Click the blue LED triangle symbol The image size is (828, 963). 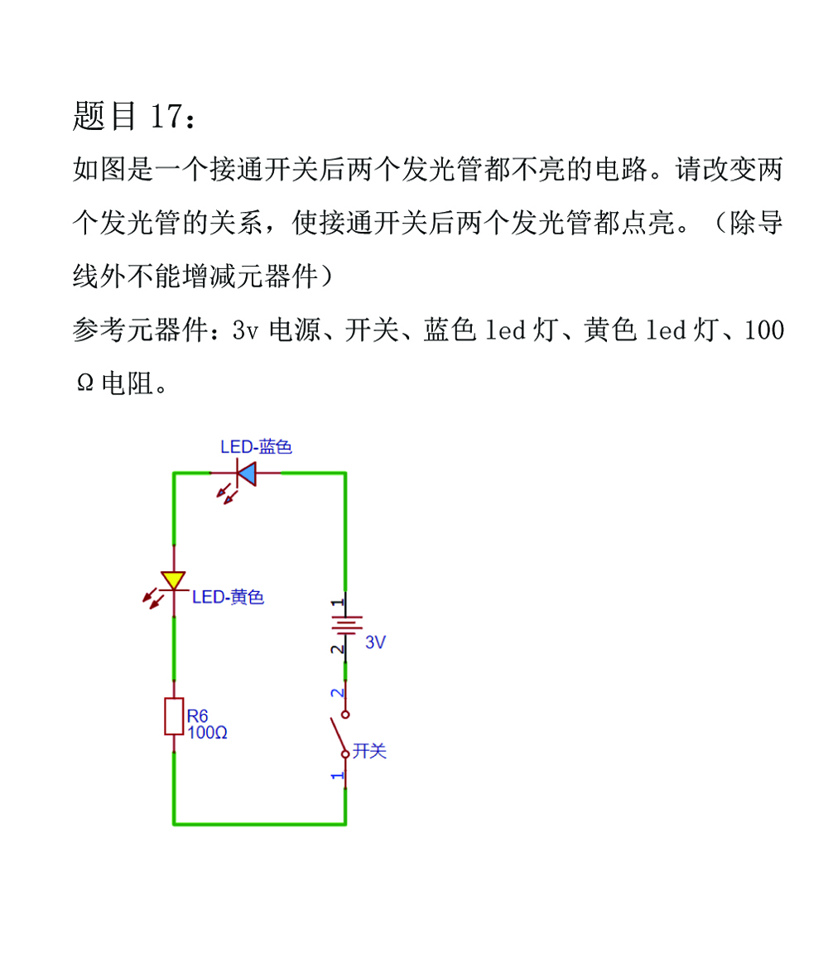pyautogui.click(x=247, y=474)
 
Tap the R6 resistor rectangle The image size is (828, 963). pyautogui.click(x=174, y=716)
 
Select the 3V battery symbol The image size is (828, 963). pyautogui.click(x=346, y=625)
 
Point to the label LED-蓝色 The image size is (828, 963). pyautogui.click(x=256, y=446)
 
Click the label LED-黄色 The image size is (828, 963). pyautogui.click(x=228, y=597)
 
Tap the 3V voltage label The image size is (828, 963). pyautogui.click(x=375, y=643)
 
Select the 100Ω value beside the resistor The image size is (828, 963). pyautogui.click(x=208, y=733)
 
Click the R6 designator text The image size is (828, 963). pyautogui.click(x=197, y=716)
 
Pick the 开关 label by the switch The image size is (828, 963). pyautogui.click(x=369, y=750)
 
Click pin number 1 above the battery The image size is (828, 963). pyautogui.click(x=337, y=603)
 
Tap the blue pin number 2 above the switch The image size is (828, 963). pyautogui.click(x=337, y=693)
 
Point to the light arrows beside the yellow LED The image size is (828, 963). pyautogui.click(x=153, y=598)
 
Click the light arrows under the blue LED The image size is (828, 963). pyautogui.click(x=227, y=494)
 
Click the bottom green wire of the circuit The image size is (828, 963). pyautogui.click(x=260, y=824)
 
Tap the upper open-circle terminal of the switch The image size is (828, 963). pyautogui.click(x=345, y=715)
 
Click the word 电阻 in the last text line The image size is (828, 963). pyautogui.click(x=128, y=383)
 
